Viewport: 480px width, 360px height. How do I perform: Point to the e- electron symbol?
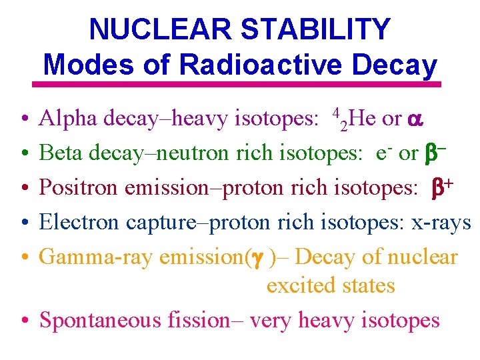coord(381,153)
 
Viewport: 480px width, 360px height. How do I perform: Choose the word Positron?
coord(81,188)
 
